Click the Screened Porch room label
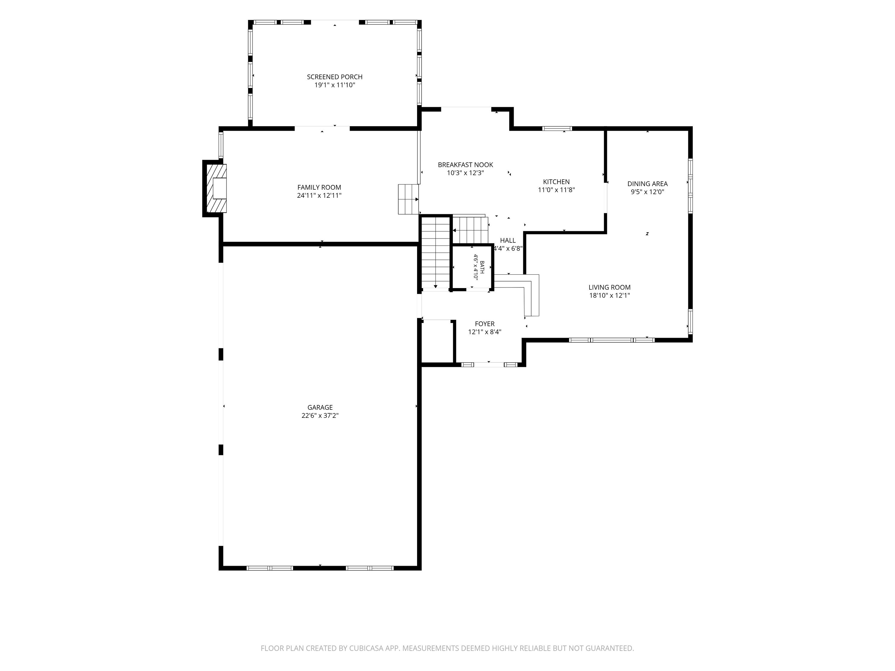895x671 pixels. point(335,77)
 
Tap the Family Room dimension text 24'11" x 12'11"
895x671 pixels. point(319,195)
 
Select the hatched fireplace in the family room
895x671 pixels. point(216,188)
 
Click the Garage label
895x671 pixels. point(320,407)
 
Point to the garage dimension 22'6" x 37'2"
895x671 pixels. point(320,415)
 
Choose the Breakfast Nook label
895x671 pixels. point(465,165)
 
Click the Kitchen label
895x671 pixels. point(556,182)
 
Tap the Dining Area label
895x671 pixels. point(647,184)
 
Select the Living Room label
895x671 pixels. point(609,287)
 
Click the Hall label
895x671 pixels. point(508,241)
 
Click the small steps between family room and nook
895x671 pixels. point(408,199)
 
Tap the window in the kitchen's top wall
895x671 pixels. point(557,129)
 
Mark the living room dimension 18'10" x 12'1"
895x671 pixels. point(609,296)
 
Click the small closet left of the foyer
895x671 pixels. point(437,342)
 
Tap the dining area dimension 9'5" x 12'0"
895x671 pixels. point(647,192)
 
